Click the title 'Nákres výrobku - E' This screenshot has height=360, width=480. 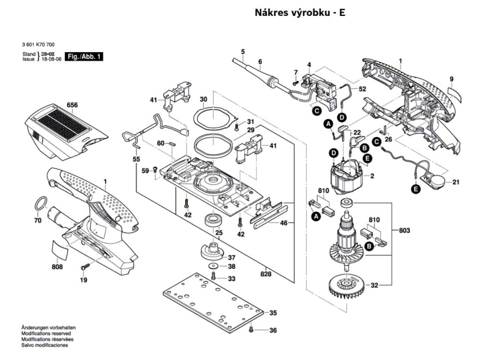300,13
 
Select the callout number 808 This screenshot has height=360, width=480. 58,267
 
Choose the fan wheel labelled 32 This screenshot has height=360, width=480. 345,285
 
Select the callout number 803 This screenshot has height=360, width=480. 405,230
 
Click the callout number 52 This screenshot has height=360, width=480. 362,89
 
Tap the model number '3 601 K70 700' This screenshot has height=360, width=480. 38,45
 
